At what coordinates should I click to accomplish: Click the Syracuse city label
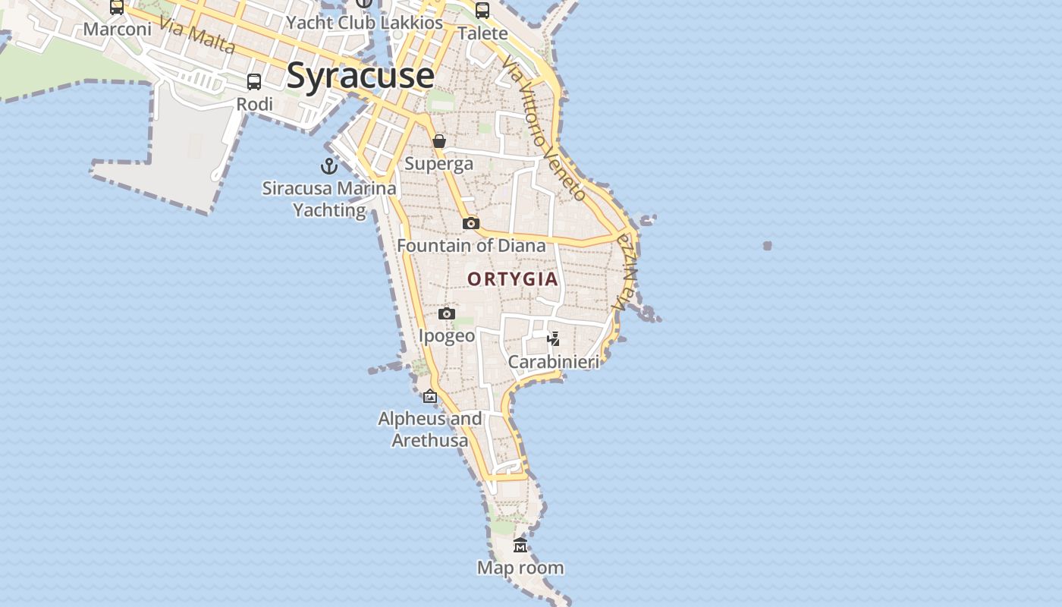(x=360, y=76)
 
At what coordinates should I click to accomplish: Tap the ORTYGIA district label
(x=513, y=279)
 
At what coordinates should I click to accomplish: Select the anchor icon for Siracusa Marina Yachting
(x=329, y=165)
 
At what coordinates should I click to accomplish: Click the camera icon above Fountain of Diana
(x=471, y=223)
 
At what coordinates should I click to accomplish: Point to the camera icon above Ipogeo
(x=447, y=313)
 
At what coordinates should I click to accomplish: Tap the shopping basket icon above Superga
(x=439, y=141)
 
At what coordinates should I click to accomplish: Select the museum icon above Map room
(x=520, y=545)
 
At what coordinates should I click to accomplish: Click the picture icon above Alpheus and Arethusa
(x=430, y=396)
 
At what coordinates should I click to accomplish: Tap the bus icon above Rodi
(x=254, y=82)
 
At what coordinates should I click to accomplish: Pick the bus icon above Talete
(x=482, y=11)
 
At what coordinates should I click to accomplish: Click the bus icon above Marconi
(x=117, y=7)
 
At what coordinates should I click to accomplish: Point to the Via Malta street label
(x=198, y=36)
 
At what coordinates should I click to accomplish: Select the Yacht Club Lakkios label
(x=364, y=23)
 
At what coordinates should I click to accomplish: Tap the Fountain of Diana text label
(x=471, y=246)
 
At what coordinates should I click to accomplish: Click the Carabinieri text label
(x=554, y=362)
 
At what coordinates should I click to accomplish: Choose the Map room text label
(x=520, y=568)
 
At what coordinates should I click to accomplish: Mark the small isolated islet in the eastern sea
(x=768, y=246)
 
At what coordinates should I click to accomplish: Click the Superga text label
(x=438, y=164)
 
